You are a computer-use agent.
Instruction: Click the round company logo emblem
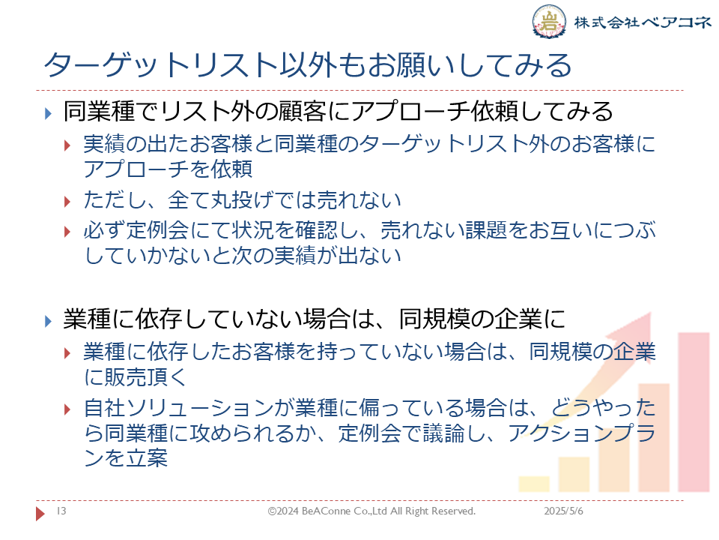[x=548, y=21]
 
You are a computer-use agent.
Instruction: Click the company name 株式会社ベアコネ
[x=642, y=22]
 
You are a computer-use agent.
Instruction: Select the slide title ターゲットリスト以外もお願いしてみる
[x=308, y=64]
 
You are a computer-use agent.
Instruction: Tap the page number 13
[x=61, y=511]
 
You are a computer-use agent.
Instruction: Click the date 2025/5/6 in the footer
[x=563, y=511]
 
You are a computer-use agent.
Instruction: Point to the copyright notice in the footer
[x=371, y=511]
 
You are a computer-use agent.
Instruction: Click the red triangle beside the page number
[x=40, y=513]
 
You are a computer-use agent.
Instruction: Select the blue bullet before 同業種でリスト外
[x=48, y=113]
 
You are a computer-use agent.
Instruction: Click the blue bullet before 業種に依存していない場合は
[x=48, y=321]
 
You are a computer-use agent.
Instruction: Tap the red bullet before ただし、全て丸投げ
[x=67, y=201]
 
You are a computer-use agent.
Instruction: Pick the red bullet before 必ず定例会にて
[x=67, y=232]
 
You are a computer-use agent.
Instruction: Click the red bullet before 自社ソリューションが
[x=67, y=409]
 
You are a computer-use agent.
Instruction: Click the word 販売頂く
[x=146, y=377]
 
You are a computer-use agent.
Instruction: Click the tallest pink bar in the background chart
[x=694, y=412]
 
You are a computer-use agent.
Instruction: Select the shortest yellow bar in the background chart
[x=534, y=484]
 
